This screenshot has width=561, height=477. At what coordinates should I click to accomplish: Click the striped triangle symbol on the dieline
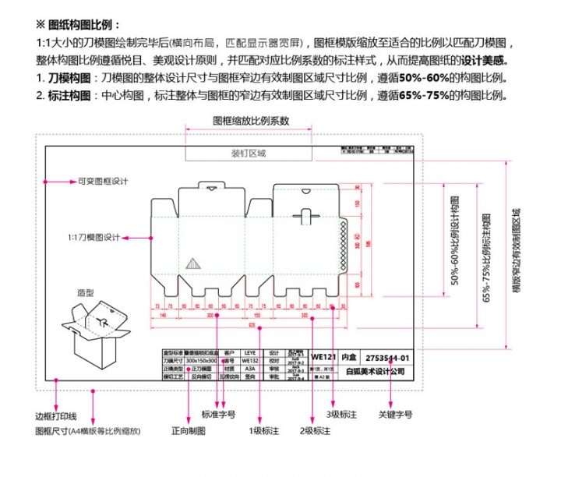coord(192,266)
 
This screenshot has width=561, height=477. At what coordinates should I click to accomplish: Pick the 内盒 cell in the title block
coord(351,355)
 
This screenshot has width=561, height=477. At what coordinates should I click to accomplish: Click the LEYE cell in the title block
coord(250,352)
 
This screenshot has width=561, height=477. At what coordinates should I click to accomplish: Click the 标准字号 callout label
coord(224,414)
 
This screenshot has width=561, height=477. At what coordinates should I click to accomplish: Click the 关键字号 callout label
coord(395,414)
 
